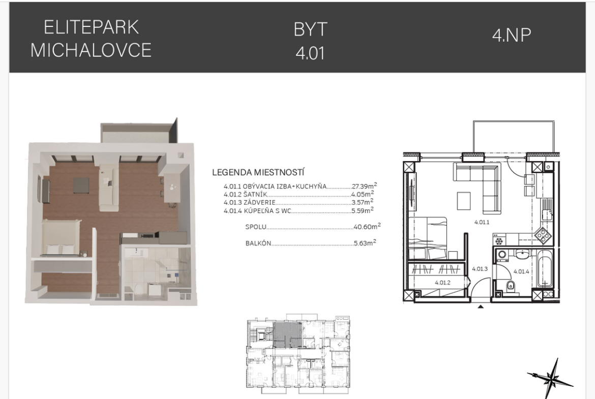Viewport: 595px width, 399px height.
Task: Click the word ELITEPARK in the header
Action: [92, 27]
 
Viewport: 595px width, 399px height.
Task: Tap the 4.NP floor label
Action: [512, 35]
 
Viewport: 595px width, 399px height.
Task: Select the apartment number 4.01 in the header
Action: [310, 53]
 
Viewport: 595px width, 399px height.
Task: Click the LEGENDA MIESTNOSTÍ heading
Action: [258, 172]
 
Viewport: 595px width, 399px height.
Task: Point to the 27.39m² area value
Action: [364, 186]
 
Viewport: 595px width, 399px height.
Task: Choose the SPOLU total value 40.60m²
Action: [367, 226]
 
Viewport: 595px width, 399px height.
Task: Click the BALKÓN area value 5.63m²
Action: [365, 243]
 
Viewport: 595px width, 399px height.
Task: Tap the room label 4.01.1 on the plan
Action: [482, 222]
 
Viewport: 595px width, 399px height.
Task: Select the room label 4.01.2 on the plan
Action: [442, 283]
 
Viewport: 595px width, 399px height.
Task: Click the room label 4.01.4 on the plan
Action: [521, 271]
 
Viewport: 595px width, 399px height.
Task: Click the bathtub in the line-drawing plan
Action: [545, 271]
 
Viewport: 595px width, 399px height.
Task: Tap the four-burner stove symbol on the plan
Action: [543, 235]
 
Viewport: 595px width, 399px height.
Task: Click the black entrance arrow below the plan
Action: [481, 306]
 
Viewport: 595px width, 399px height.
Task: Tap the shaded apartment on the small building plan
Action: [288, 335]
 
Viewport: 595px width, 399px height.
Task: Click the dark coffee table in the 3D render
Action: [81, 186]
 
